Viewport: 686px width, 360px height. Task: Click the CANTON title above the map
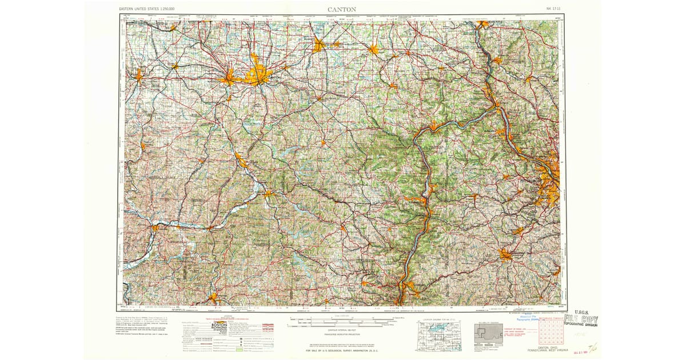[342, 9]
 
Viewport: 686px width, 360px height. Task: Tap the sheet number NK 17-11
[553, 9]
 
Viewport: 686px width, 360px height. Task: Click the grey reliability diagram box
[488, 334]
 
